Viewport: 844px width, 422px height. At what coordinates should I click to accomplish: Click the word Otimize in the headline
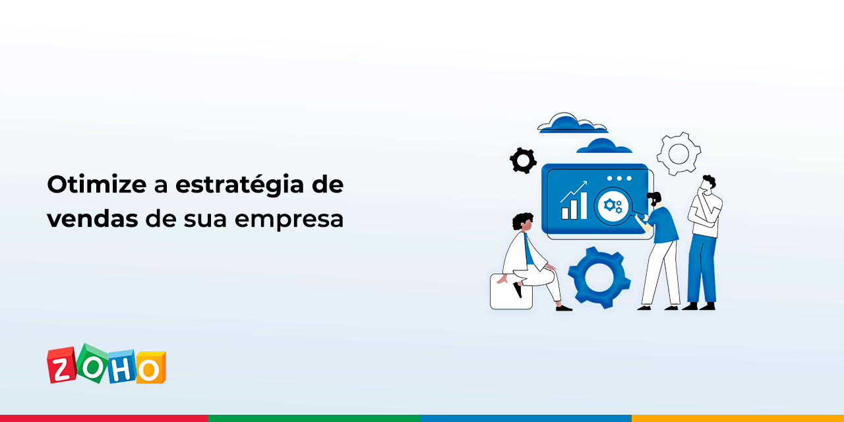[97, 185]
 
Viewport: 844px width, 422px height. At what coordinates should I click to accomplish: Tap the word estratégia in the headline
[239, 186]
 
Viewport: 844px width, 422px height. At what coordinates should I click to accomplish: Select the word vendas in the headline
[92, 218]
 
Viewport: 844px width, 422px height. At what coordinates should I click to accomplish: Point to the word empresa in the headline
[289, 220]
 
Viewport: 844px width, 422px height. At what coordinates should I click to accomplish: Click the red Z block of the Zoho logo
[61, 365]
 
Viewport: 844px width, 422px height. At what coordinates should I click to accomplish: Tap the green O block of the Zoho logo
[92, 363]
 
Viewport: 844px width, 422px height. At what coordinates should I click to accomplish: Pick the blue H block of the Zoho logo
[121, 366]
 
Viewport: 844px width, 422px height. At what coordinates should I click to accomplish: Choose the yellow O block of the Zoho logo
[151, 367]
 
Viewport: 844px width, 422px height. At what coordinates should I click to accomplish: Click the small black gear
[523, 160]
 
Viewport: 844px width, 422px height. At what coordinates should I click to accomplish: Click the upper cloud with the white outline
[572, 123]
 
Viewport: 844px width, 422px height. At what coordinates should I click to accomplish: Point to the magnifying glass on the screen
[613, 206]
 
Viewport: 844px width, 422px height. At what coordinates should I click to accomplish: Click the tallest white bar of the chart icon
[584, 205]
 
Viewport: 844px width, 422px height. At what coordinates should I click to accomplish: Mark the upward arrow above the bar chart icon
[574, 192]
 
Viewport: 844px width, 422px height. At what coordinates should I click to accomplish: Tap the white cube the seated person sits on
[510, 292]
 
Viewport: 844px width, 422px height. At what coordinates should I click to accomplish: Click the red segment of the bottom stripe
[104, 418]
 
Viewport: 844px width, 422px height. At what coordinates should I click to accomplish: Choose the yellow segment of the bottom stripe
[738, 418]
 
